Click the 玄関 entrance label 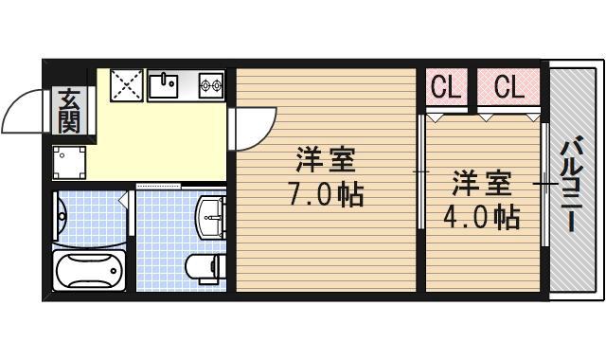[x=68, y=111]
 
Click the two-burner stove [x=210, y=86]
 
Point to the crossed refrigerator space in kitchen [x=126, y=84]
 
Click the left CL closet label [x=446, y=87]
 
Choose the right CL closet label [x=508, y=87]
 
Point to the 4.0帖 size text [x=481, y=218]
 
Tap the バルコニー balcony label [x=572, y=185]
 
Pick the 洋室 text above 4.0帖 [x=481, y=181]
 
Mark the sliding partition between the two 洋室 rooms [x=420, y=171]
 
